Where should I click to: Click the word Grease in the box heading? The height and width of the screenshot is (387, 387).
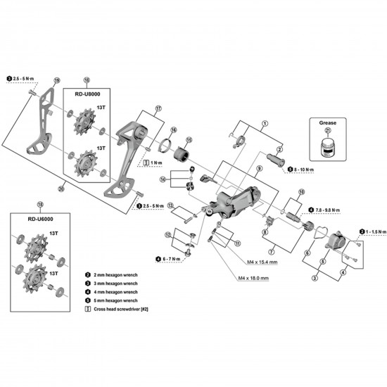coord(328,122)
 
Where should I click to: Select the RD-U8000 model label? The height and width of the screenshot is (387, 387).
coord(87,92)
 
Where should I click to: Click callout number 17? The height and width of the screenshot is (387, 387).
coord(159,108)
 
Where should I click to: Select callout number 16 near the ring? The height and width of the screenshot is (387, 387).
coord(172,130)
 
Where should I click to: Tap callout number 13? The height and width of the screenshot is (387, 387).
coord(170,205)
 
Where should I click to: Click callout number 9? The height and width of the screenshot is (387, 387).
coord(260,168)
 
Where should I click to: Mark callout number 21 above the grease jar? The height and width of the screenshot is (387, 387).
coord(328,132)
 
